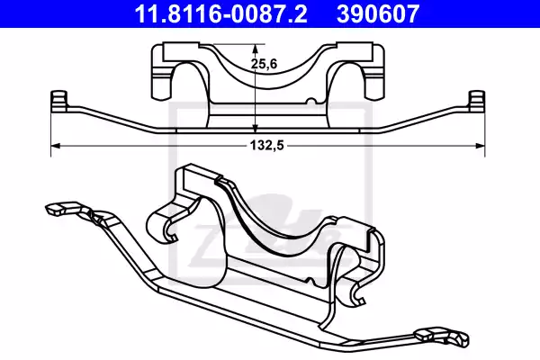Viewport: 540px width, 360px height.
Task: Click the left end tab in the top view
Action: [59, 100]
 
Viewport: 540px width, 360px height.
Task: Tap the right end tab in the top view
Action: [478, 100]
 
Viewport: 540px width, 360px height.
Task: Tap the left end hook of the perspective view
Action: [55, 211]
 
